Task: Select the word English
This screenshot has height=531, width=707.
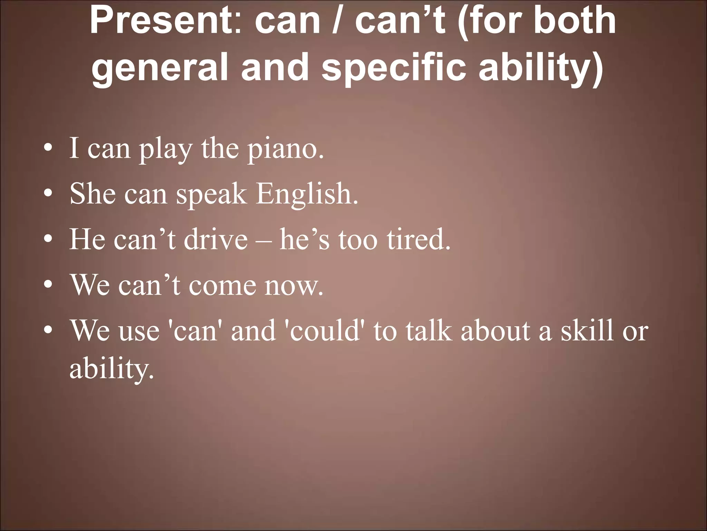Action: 307,194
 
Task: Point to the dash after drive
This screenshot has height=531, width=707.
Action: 264,241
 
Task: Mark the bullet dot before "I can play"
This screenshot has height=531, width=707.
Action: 48,149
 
